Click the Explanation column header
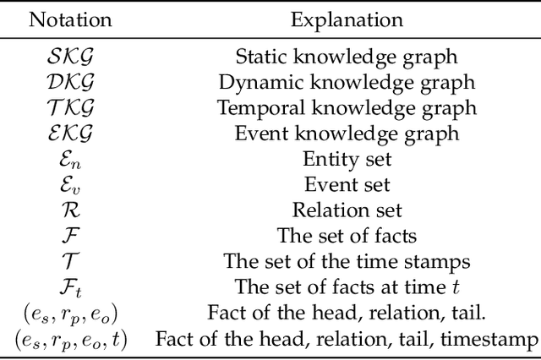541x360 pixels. point(347,19)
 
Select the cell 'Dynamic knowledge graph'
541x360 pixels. point(347,84)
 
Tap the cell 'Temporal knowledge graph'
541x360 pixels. point(347,108)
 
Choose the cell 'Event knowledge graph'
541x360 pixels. point(347,134)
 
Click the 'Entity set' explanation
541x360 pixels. point(347,159)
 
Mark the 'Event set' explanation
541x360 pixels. point(347,184)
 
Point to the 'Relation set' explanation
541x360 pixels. point(347,210)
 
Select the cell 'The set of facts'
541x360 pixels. point(347,236)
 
